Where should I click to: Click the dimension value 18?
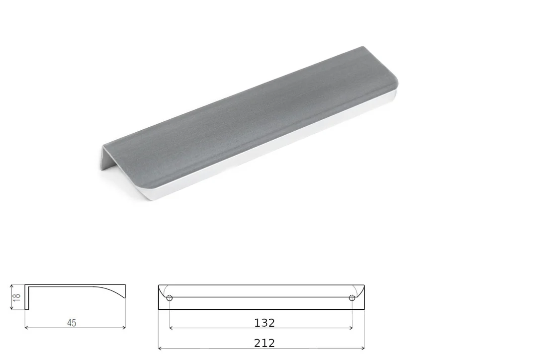[x=17, y=297]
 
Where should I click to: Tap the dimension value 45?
[x=72, y=323]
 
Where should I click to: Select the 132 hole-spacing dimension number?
[x=265, y=323]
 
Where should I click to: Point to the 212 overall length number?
[x=265, y=343]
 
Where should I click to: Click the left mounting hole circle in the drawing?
[x=170, y=298]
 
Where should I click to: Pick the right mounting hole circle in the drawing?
[x=352, y=298]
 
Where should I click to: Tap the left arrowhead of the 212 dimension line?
[x=160, y=349]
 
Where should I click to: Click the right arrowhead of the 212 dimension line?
[x=362, y=349]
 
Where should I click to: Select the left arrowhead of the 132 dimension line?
[x=171, y=328]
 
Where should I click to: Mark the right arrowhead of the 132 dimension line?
[x=351, y=328]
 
